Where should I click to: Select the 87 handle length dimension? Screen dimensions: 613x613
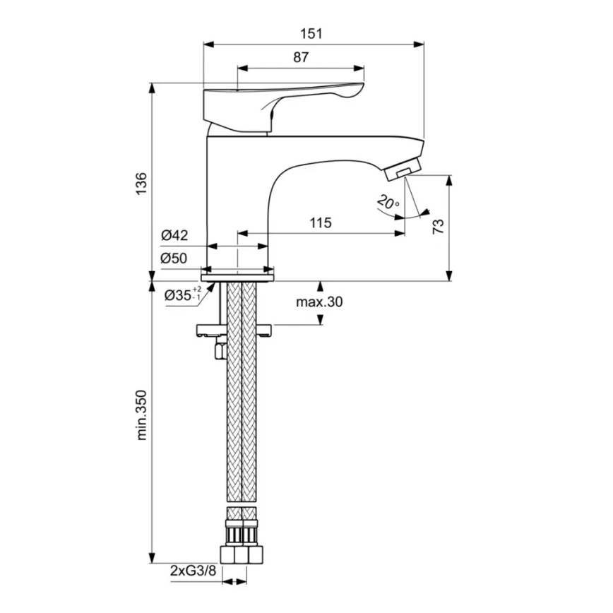point(301,59)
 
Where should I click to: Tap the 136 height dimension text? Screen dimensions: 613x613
point(141,182)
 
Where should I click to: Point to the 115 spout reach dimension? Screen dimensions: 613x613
point(320,222)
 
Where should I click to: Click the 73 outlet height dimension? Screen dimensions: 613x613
point(438,227)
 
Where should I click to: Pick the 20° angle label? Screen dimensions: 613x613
point(388,203)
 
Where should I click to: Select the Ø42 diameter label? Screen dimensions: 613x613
point(174,236)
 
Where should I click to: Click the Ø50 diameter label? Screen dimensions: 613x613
point(174,258)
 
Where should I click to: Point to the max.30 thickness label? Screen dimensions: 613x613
point(319,302)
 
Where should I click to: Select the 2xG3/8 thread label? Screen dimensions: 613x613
point(193,570)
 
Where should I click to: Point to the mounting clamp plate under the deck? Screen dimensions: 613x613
point(237,328)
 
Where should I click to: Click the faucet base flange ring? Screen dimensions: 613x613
point(238,270)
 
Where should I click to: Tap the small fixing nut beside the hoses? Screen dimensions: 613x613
point(220,349)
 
